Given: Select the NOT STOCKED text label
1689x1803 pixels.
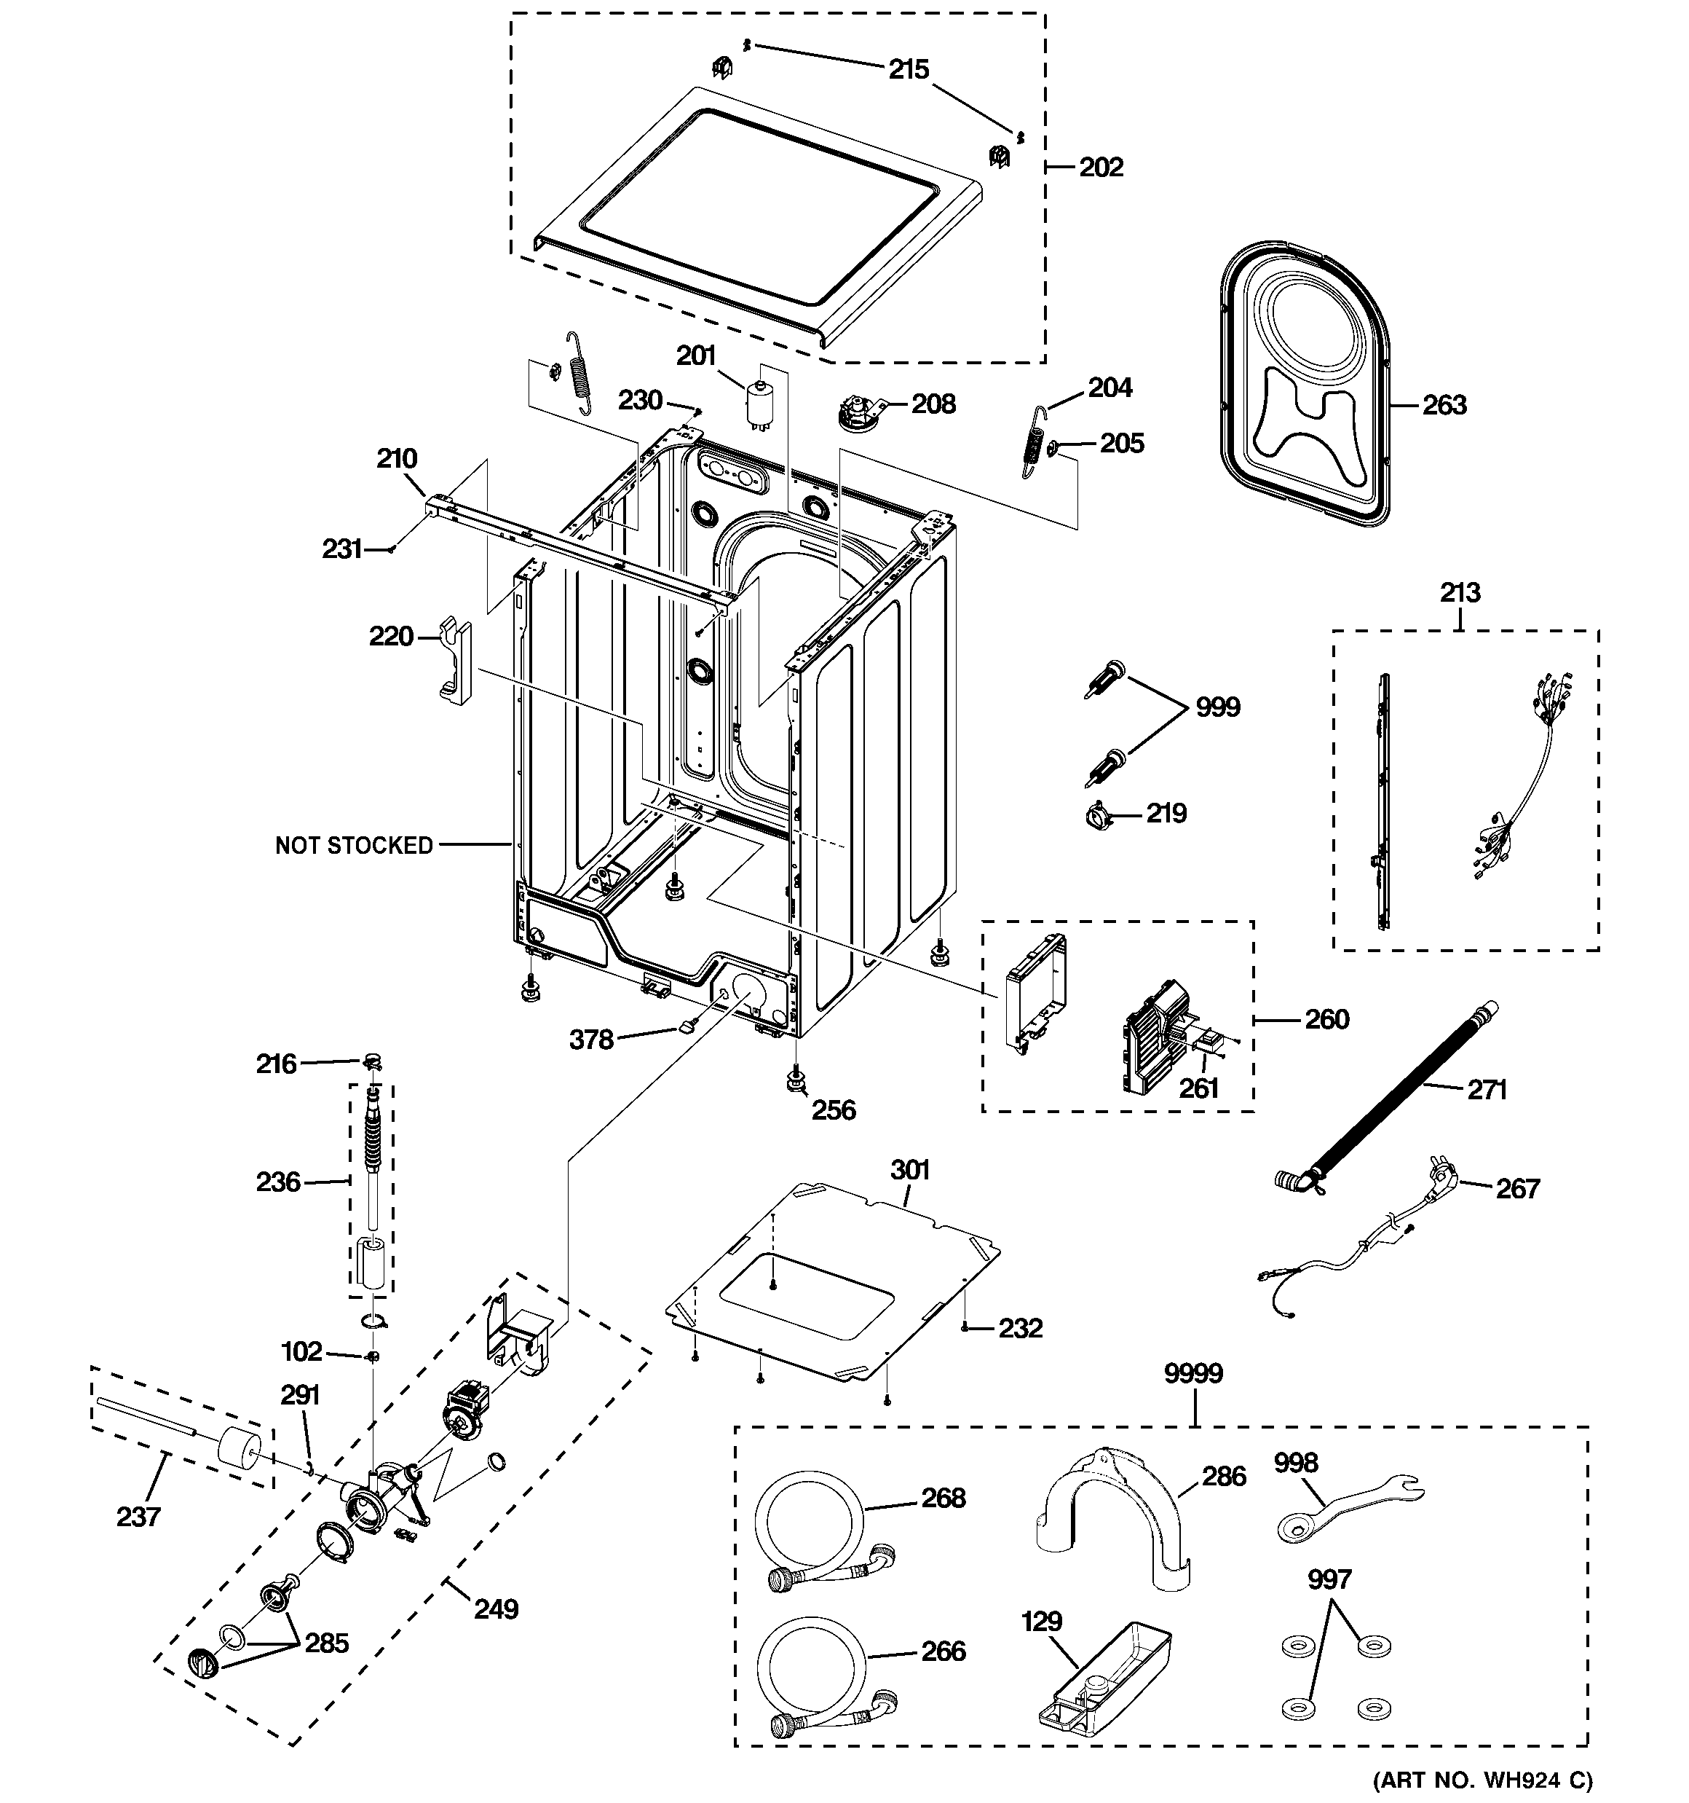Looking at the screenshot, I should point(355,845).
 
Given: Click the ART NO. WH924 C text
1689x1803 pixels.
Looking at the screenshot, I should point(1482,1780).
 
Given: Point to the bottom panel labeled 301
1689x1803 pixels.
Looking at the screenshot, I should point(834,1289).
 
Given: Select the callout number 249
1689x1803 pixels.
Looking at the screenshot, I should point(496,1609).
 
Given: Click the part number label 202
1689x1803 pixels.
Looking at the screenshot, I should point(1101,167).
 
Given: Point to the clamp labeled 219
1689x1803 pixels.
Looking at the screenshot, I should point(1098,815).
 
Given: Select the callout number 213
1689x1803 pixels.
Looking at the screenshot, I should point(1460,592).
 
